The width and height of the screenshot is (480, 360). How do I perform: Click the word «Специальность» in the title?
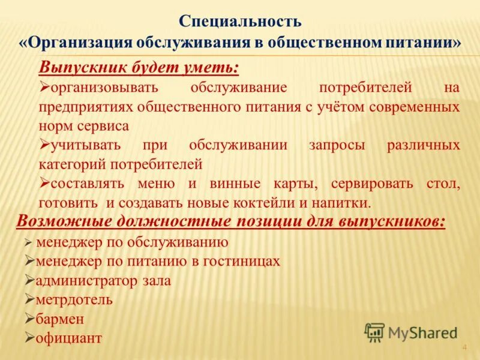click(240, 22)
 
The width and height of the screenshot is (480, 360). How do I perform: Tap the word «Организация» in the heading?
click(79, 43)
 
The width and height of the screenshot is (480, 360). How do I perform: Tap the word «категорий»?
click(70, 164)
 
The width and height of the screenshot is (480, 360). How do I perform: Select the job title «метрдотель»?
click(74, 299)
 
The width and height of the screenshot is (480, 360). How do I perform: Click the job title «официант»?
click(68, 338)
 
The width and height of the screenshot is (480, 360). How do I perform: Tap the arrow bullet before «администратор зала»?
click(29, 280)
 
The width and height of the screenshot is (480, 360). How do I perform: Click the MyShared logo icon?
click(374, 332)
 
